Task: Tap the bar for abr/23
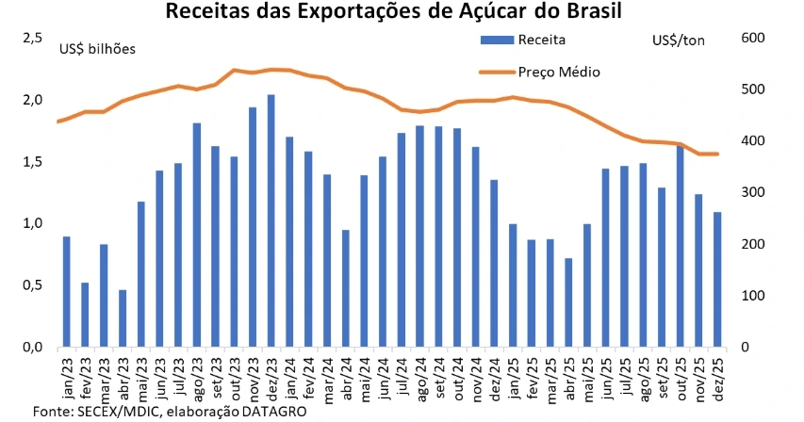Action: coord(123,317)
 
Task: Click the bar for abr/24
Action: coord(345,288)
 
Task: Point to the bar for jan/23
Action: coord(67,291)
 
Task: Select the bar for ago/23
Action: coord(197,235)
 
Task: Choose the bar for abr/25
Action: coord(568,302)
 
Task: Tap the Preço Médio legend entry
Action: coord(559,72)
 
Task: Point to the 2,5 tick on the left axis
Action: coord(33,38)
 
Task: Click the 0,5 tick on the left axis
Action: coord(33,285)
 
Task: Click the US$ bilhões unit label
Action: coord(97,49)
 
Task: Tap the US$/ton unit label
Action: coord(678,40)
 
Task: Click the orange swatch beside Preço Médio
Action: coord(496,72)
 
